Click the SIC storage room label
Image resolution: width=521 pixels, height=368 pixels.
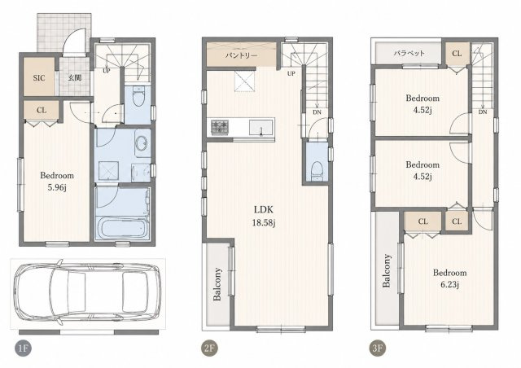click(x=39, y=78)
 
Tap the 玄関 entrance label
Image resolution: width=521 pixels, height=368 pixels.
click(x=75, y=78)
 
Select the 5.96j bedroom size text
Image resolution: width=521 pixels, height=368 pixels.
click(x=57, y=187)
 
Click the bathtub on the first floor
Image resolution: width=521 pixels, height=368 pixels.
click(x=122, y=228)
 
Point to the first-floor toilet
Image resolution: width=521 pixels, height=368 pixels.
click(x=138, y=96)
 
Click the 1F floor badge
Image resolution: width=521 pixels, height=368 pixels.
click(x=23, y=348)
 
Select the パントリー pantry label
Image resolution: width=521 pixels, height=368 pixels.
click(x=241, y=55)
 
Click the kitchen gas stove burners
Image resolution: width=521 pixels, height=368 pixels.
click(x=220, y=127)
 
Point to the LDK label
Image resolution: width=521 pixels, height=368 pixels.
click(x=264, y=209)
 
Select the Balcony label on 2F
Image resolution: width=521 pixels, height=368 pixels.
click(x=217, y=284)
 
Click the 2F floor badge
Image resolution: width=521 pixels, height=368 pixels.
click(x=210, y=348)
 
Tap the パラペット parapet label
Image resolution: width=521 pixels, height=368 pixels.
click(x=409, y=53)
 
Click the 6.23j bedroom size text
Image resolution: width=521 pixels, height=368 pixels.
click(x=450, y=285)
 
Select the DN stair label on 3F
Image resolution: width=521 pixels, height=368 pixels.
click(x=483, y=112)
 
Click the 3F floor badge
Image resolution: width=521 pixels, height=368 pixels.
click(x=378, y=348)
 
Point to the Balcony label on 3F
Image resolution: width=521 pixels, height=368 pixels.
click(x=386, y=270)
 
